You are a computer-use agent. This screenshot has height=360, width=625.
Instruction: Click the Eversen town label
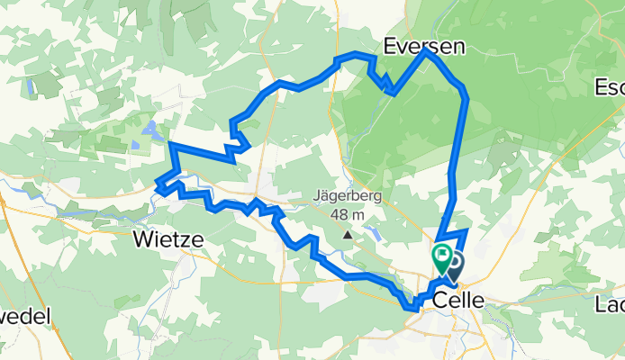(424, 46)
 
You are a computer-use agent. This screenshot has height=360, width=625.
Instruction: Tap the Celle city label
(461, 300)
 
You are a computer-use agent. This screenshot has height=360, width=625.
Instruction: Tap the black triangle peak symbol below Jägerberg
(348, 236)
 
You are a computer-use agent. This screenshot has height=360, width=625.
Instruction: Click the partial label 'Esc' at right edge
(611, 87)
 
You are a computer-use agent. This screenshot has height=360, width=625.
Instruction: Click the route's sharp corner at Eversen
(427, 51)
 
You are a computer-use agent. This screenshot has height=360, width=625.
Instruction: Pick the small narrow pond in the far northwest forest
(32, 87)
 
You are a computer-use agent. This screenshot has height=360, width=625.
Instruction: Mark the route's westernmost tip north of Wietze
(158, 186)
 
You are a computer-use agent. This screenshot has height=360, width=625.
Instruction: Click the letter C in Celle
(441, 300)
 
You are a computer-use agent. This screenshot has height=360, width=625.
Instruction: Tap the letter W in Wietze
(142, 239)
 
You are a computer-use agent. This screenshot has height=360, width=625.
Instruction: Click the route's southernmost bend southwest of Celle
(410, 308)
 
